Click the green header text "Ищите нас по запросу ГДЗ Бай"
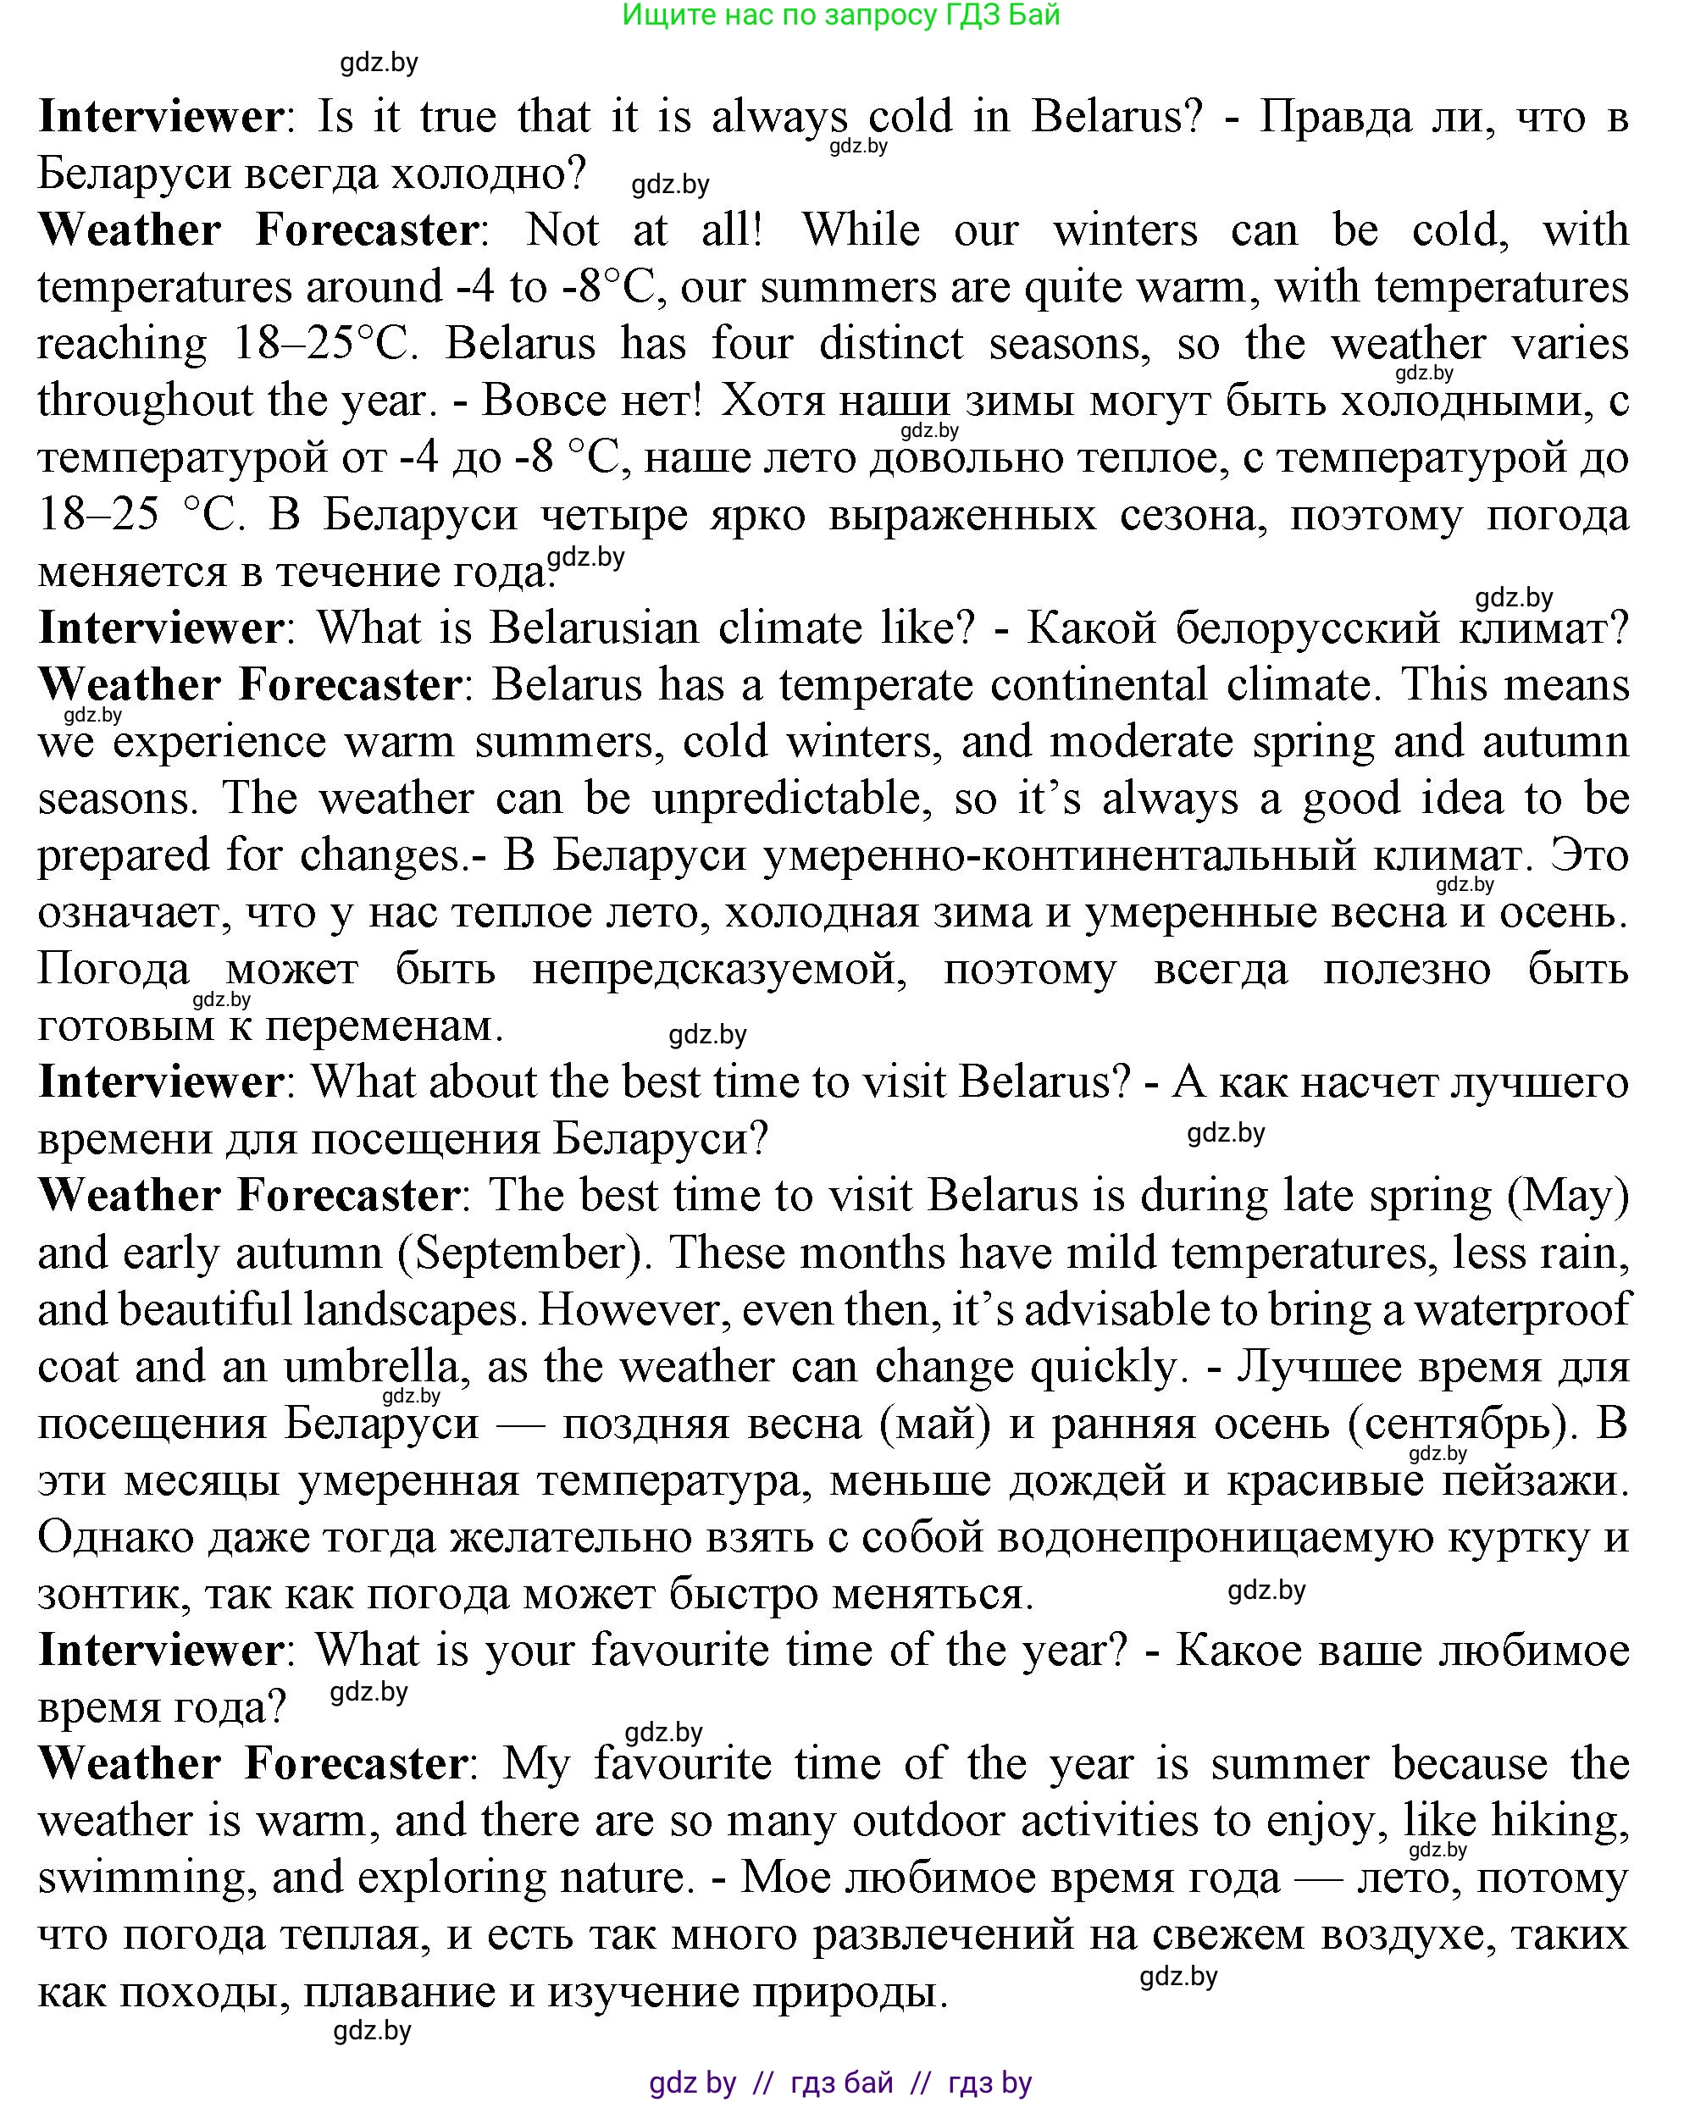coord(840,15)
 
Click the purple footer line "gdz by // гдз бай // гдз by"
coord(840,2083)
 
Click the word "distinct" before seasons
coord(889,344)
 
